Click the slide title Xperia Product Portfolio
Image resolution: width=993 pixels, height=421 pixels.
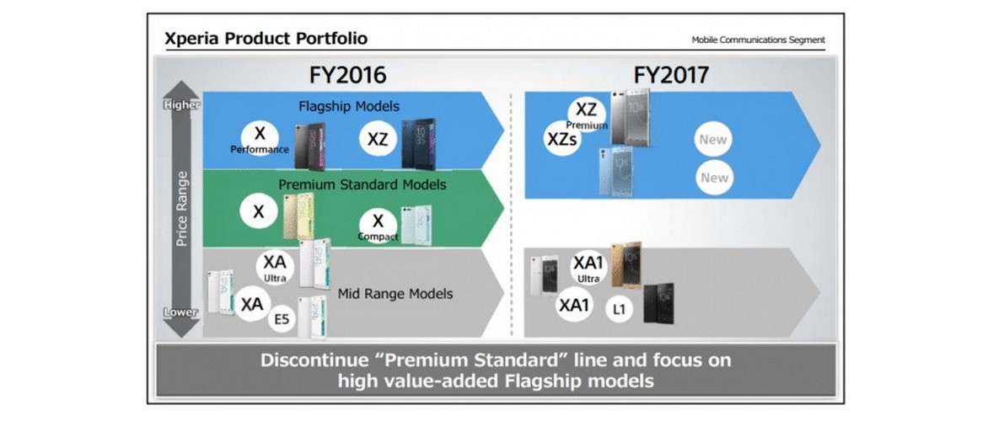[x=266, y=40]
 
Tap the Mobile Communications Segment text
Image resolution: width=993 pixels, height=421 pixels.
[x=758, y=40]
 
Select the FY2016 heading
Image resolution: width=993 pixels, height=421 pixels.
[x=347, y=75]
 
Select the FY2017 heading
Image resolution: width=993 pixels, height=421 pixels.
[x=671, y=75]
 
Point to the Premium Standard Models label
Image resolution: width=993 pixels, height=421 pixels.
[x=362, y=185]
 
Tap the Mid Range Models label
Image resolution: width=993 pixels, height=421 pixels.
[x=395, y=294]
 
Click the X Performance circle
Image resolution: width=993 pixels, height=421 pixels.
[x=260, y=139]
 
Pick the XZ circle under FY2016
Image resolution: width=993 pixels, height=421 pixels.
[x=378, y=140]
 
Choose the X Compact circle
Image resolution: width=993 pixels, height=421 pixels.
[x=378, y=226]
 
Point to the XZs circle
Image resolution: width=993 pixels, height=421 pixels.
[x=561, y=138]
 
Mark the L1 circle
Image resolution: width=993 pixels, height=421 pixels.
[x=620, y=309]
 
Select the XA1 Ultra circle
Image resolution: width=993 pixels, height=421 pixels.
[x=588, y=269]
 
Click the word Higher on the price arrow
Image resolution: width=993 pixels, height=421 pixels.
[x=182, y=105]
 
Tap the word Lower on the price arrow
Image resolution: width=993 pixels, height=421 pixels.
[x=181, y=312]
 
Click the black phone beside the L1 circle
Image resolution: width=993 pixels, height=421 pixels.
[x=658, y=303]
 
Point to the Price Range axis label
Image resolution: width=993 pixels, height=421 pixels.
[x=182, y=209]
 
